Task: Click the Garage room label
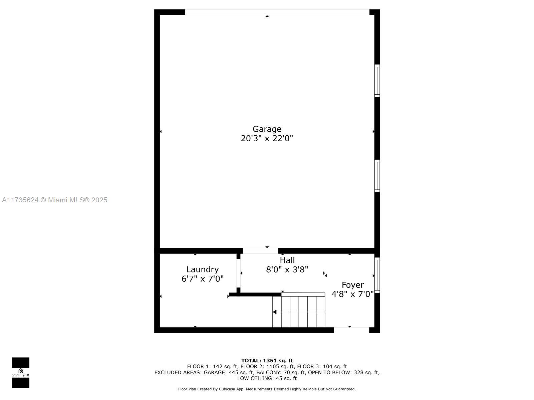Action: (267, 129)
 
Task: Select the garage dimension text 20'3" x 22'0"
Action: (267, 138)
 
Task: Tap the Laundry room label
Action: (202, 270)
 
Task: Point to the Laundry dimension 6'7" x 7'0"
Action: (202, 279)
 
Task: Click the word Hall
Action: (287, 260)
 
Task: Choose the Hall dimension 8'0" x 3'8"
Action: (287, 270)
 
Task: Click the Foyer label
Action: (353, 285)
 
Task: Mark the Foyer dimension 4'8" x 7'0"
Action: (352, 294)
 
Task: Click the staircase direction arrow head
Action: (274, 312)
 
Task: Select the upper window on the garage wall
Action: (377, 81)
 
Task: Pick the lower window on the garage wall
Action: (377, 176)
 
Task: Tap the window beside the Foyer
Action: (377, 275)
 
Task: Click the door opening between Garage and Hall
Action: (260, 251)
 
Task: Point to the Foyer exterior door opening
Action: (351, 330)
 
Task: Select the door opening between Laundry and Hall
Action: (238, 273)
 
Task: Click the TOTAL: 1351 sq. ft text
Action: (267, 361)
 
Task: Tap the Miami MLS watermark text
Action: (54, 200)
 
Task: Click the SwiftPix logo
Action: (21, 373)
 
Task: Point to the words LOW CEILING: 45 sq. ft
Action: (267, 378)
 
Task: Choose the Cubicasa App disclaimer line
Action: (267, 389)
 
